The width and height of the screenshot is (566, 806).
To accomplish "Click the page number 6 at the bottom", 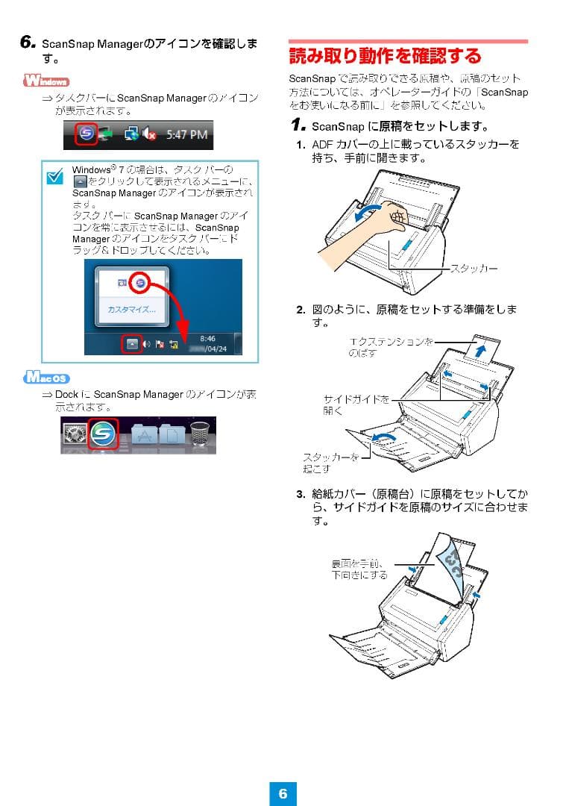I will (x=283, y=793).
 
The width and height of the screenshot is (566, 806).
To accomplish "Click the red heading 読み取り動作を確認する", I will (x=385, y=56).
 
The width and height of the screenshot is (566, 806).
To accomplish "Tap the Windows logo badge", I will (x=46, y=81).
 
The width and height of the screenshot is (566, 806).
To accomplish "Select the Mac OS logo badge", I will (x=46, y=377).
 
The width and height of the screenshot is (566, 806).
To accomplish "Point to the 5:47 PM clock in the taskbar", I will (x=186, y=135).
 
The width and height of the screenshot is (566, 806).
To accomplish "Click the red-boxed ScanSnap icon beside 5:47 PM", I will (x=87, y=135).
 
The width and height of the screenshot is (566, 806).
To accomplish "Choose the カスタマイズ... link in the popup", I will (x=131, y=308).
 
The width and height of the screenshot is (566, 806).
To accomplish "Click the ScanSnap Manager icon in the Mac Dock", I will (x=103, y=435).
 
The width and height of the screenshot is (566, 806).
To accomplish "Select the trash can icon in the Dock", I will (x=200, y=436).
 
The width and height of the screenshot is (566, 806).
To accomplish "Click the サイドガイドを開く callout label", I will (x=354, y=404).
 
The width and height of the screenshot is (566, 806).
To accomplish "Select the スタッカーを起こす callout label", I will (x=331, y=462).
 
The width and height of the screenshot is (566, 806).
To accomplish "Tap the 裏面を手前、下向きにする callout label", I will (x=359, y=569).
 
